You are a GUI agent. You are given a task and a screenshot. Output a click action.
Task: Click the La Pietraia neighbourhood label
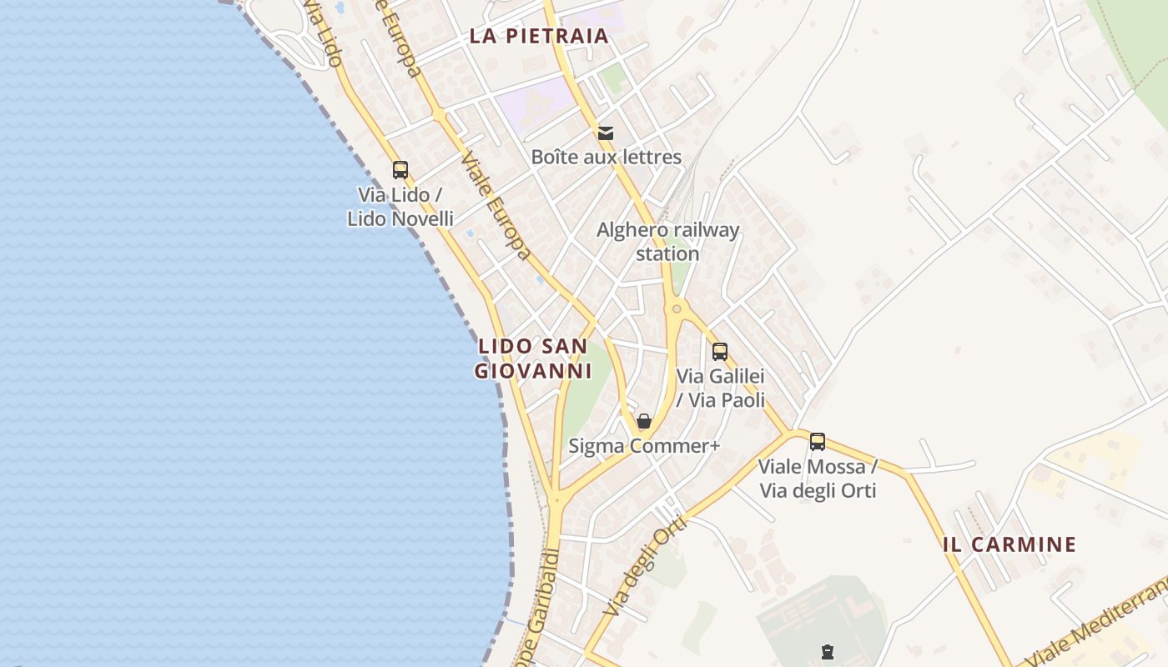(538, 36)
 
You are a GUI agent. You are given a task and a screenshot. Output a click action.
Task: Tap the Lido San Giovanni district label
(533, 359)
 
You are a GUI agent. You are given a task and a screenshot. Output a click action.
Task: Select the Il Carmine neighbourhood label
(1009, 544)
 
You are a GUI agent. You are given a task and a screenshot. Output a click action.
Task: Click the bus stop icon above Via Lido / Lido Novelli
(400, 170)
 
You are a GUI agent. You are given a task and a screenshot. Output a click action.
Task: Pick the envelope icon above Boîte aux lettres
(606, 133)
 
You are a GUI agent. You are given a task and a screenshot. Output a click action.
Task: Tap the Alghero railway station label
(667, 241)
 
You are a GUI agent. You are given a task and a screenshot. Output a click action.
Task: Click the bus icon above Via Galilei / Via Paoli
(720, 352)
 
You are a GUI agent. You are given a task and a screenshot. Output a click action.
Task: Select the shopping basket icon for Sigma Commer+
(643, 421)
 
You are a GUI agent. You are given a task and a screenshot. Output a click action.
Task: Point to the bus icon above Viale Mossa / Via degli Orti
(818, 442)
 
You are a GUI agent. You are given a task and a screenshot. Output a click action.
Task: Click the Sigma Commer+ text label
(643, 446)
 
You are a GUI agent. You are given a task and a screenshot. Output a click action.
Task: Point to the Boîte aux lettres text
(607, 157)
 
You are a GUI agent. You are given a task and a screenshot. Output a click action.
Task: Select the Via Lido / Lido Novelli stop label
(400, 207)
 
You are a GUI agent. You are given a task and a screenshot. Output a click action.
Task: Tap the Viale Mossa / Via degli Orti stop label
(818, 479)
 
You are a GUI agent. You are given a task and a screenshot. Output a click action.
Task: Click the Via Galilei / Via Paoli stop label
(720, 388)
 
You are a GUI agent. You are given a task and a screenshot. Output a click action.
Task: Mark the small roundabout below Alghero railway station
(677, 309)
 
